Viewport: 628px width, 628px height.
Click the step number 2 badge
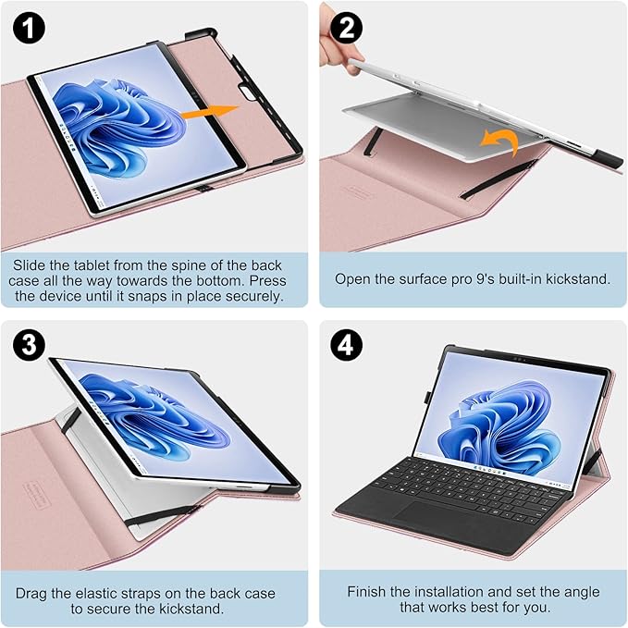(349, 28)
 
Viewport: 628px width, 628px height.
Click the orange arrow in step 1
(207, 114)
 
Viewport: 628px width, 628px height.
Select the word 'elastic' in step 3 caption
(114, 593)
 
